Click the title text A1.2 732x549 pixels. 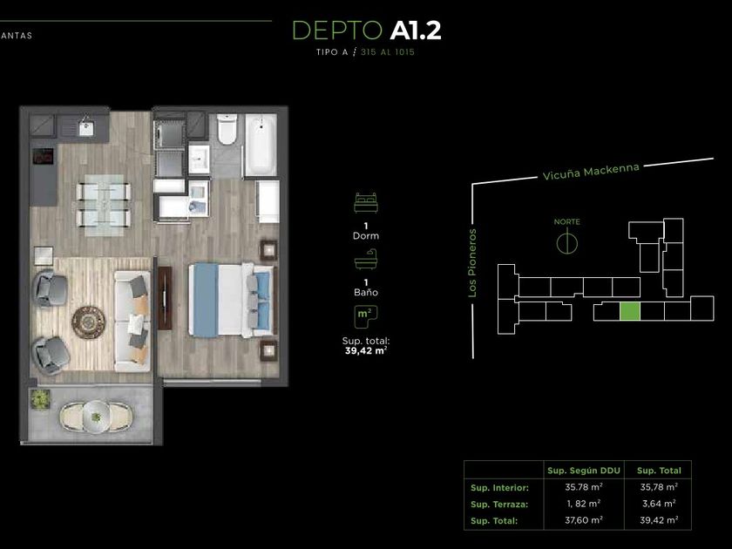(416, 30)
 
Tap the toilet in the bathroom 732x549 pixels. (227, 129)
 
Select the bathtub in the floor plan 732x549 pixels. (261, 144)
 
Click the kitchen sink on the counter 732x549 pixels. (86, 128)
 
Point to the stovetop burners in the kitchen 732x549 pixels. (43, 156)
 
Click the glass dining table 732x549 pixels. (104, 205)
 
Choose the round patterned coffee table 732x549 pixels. (88, 322)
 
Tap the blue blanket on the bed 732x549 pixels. (206, 300)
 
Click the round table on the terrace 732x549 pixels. (96, 417)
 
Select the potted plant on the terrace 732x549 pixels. (41, 400)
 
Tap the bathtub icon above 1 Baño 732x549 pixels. (365, 260)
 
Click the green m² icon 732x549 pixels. (365, 316)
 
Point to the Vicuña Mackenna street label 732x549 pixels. (591, 172)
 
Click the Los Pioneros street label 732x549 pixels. (472, 263)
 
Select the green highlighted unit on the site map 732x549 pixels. (630, 311)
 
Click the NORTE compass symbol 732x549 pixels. (566, 243)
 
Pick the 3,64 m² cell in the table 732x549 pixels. (659, 504)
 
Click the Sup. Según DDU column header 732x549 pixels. (584, 471)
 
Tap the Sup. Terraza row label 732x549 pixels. (499, 505)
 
